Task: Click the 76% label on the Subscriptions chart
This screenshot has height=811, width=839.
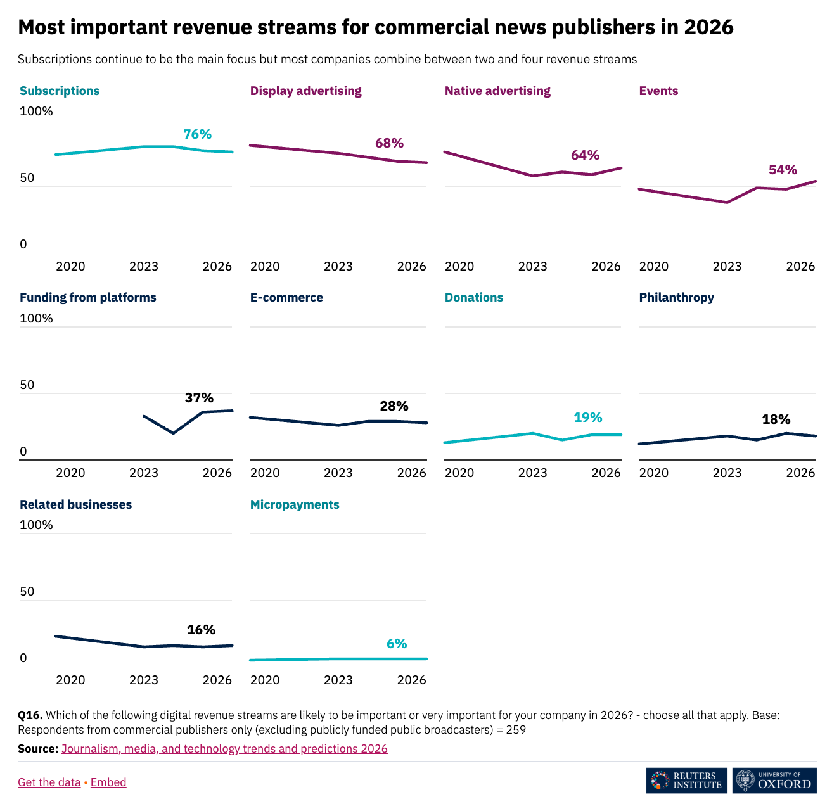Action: point(197,134)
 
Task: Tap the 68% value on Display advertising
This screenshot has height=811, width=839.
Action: point(389,143)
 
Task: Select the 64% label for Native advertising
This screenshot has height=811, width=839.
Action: point(585,155)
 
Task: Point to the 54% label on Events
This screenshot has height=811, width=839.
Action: point(783,170)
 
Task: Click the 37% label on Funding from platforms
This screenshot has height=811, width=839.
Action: point(199,398)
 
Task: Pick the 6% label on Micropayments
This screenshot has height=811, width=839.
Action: point(397,644)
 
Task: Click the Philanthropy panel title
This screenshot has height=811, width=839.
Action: point(676,297)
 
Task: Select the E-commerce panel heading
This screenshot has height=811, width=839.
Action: point(286,297)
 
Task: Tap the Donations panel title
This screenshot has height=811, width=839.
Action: point(473,297)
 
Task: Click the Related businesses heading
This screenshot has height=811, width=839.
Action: point(75,504)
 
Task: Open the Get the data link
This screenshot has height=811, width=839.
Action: point(49,782)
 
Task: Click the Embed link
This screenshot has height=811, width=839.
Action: point(108,782)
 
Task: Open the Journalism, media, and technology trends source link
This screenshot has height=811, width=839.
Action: point(224,748)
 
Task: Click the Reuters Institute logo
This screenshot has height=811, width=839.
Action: point(686,781)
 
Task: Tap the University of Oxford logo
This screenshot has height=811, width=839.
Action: point(774,781)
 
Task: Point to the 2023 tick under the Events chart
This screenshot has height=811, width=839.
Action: point(727,266)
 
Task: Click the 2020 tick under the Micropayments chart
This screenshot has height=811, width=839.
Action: point(265,680)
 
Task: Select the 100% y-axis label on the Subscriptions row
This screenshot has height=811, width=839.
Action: point(36,112)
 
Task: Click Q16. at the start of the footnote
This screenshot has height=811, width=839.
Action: point(30,715)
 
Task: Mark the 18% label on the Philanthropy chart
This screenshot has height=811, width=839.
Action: point(776,419)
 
